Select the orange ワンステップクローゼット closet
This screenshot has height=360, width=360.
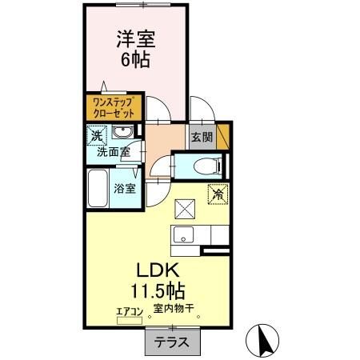pyautogui.click(x=113, y=107)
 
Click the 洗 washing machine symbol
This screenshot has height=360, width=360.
pyautogui.click(x=95, y=135)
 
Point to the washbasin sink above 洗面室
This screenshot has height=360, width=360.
pyautogui.click(x=122, y=134)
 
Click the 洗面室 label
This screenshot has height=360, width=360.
pyautogui.click(x=114, y=151)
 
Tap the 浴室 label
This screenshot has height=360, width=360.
pyautogui.click(x=125, y=189)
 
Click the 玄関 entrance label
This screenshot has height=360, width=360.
pyautogui.click(x=200, y=137)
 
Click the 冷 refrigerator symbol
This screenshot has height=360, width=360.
pyautogui.click(x=217, y=193)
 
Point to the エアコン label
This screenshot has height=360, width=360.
pyautogui.click(x=129, y=310)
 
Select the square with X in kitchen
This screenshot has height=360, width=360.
pyautogui.click(x=185, y=208)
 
